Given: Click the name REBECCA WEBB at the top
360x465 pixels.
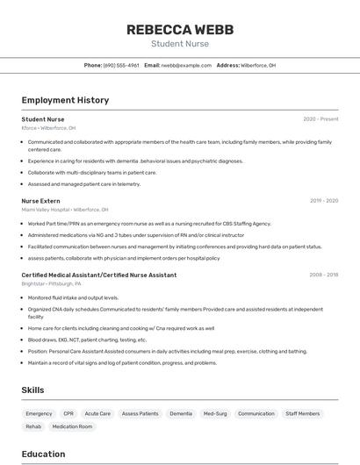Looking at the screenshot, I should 179,30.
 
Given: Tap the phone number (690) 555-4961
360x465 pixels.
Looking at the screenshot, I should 121,65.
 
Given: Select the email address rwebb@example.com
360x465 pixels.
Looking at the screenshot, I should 186,65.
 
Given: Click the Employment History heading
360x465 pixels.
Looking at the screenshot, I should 65,100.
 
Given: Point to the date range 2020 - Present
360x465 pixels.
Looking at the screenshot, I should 320,119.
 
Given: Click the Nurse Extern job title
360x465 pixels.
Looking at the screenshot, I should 40,201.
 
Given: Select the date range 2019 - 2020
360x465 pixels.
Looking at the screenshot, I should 323,201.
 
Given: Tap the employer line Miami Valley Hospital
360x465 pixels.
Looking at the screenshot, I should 65,210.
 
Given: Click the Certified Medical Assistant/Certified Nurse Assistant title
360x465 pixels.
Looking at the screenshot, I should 99,275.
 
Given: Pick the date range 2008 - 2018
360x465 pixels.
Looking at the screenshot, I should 323,275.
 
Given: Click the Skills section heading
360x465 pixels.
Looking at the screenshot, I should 33,390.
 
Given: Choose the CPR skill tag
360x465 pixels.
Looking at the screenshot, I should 68,413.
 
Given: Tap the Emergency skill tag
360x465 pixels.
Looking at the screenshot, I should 39,413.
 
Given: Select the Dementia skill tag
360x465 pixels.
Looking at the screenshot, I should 181,413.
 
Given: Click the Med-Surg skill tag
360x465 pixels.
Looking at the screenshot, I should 215,413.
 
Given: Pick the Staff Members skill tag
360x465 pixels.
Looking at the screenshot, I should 303,413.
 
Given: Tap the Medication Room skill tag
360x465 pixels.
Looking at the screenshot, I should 72,426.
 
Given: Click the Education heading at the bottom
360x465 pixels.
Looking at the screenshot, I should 43,454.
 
